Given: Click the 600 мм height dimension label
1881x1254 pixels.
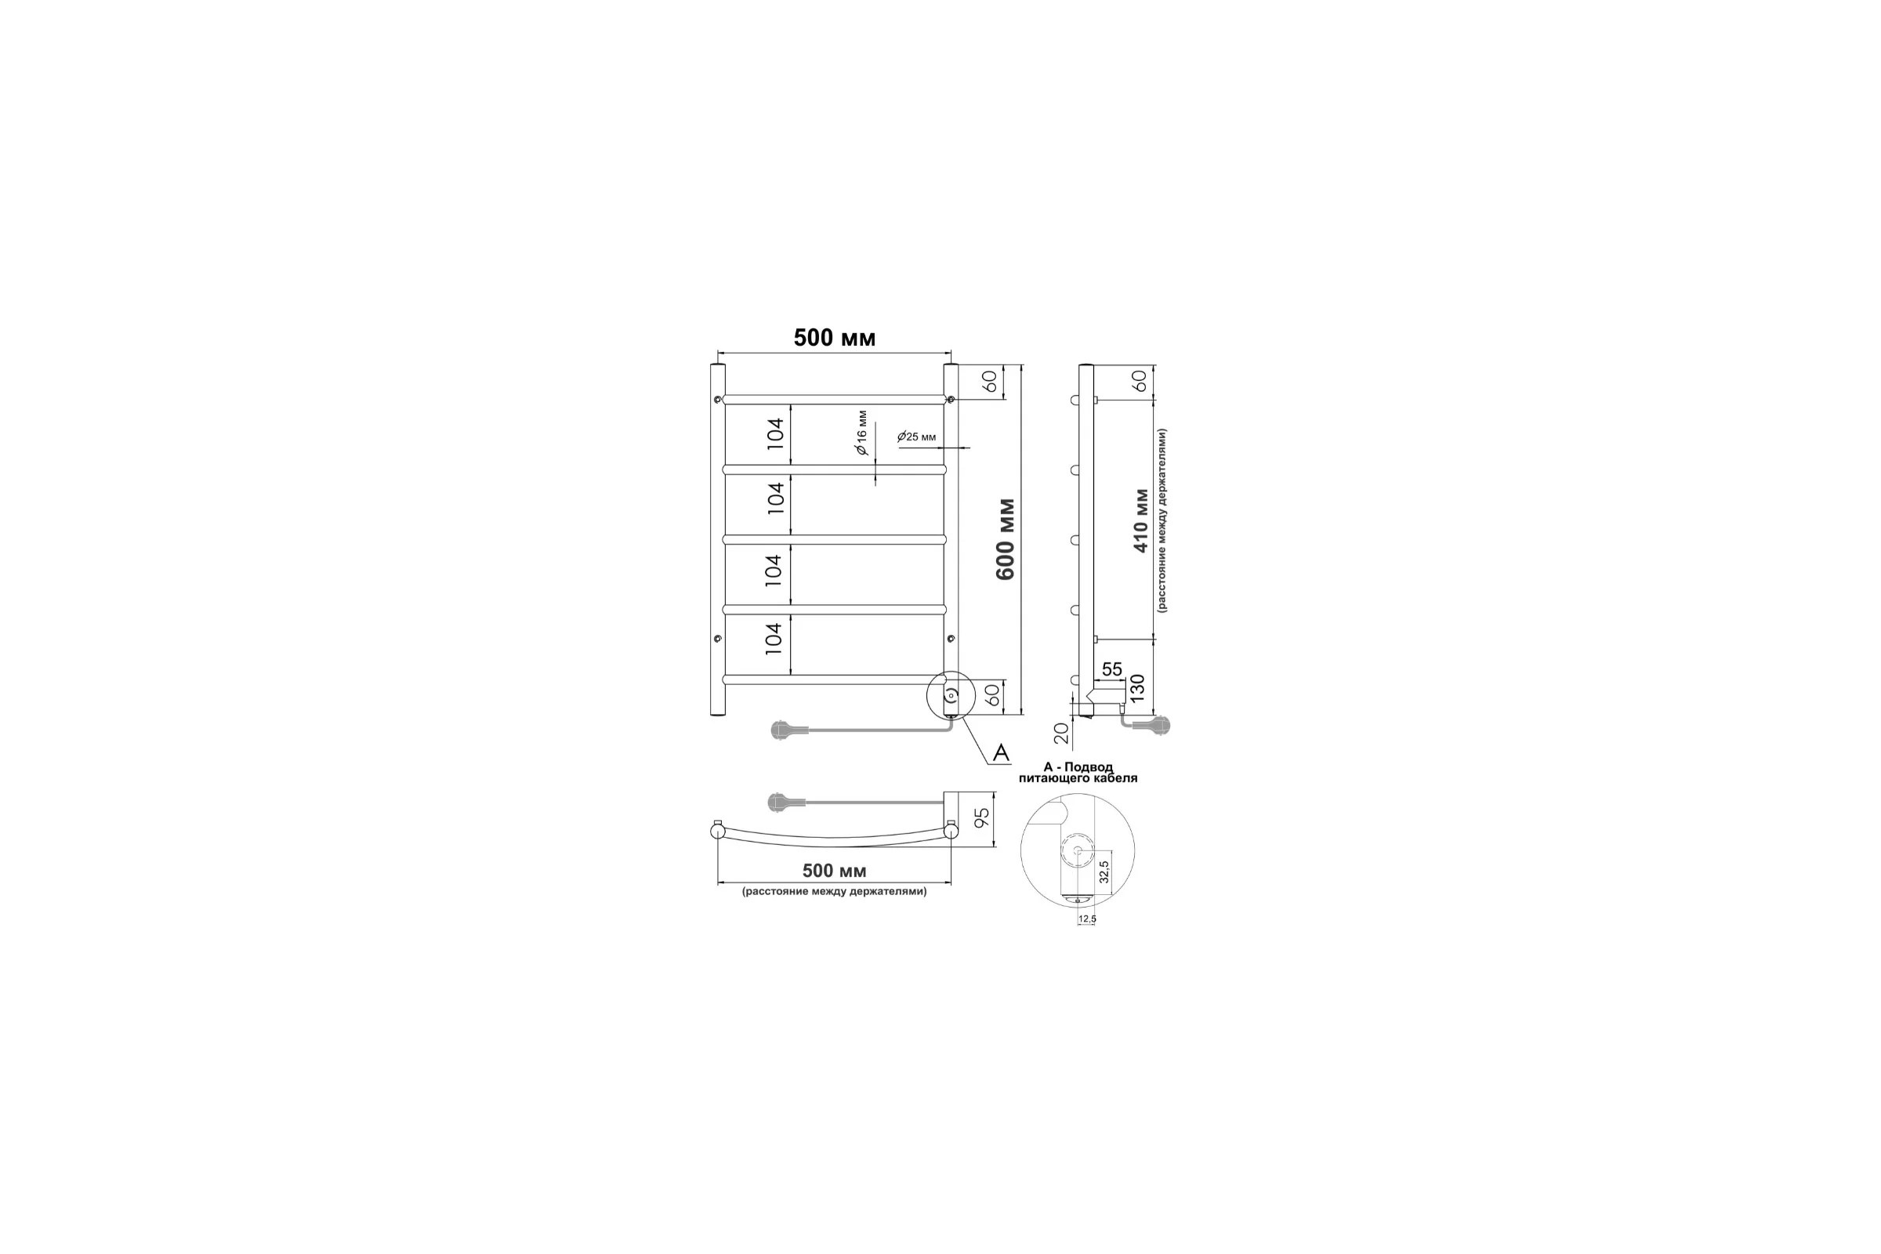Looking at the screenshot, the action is pyautogui.click(x=1006, y=539).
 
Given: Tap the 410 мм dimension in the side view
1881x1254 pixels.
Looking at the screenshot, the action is pyautogui.click(x=1141, y=520).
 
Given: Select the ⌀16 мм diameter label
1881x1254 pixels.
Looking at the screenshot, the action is pyautogui.click(x=861, y=433).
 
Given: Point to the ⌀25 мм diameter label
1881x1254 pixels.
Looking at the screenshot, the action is pyautogui.click(x=916, y=437).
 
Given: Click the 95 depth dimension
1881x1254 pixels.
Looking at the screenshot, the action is pyautogui.click(x=983, y=817).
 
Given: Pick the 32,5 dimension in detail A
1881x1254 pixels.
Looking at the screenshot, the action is pyautogui.click(x=1104, y=872).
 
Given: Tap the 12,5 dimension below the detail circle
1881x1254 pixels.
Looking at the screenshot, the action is pyautogui.click(x=1087, y=919).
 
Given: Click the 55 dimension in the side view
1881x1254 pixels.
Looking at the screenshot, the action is pyautogui.click(x=1111, y=669).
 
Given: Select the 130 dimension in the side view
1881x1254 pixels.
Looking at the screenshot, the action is pyautogui.click(x=1136, y=688).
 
